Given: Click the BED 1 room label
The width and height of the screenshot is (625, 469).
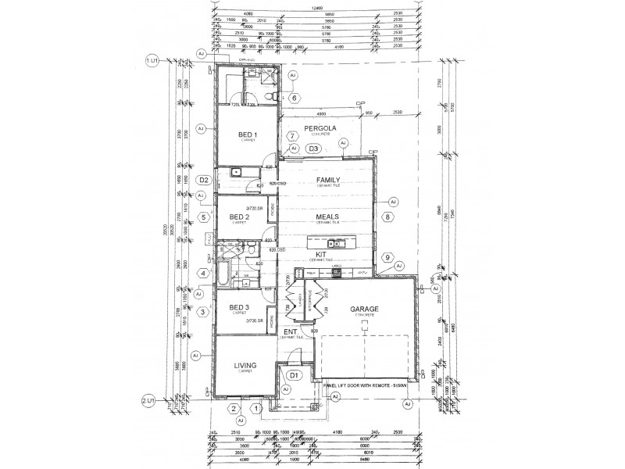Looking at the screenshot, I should click(248, 134).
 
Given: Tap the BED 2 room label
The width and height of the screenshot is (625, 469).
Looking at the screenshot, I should click(239, 217).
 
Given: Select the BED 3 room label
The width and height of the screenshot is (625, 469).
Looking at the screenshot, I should click(239, 309).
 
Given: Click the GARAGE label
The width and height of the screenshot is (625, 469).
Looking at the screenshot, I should click(364, 309).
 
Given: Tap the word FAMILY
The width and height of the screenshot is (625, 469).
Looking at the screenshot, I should click(327, 180).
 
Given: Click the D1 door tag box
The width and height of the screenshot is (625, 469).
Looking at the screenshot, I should click(294, 376).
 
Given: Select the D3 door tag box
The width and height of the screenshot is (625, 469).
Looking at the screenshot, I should click(313, 148).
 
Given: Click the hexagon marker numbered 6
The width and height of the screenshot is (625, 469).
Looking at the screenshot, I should click(295, 98).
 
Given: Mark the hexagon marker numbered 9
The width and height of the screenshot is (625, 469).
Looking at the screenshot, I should click(385, 256).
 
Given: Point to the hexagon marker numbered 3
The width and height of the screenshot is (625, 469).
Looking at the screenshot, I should click(202, 312).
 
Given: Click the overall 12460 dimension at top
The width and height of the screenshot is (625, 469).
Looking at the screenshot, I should click(316, 8).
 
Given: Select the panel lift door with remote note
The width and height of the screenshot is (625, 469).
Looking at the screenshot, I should click(362, 385).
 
